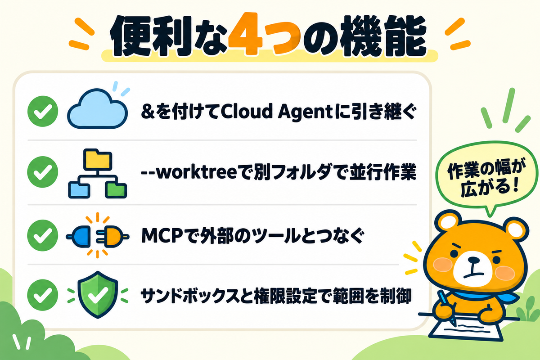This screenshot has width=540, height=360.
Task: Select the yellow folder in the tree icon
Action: (98, 159)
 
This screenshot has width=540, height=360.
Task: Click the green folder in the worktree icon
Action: (116, 190)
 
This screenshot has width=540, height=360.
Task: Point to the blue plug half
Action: (79, 237)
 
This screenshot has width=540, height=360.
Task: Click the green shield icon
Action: (98, 294)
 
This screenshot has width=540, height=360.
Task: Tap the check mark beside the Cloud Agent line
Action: (43, 111)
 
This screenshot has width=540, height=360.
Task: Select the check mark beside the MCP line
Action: (43, 236)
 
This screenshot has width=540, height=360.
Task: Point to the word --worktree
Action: (189, 172)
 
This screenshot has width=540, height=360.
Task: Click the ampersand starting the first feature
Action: (148, 112)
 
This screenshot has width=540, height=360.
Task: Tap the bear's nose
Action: (473, 260)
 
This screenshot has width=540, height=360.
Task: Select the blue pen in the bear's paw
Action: (447, 307)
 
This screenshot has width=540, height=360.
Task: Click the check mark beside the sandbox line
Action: (43, 295)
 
